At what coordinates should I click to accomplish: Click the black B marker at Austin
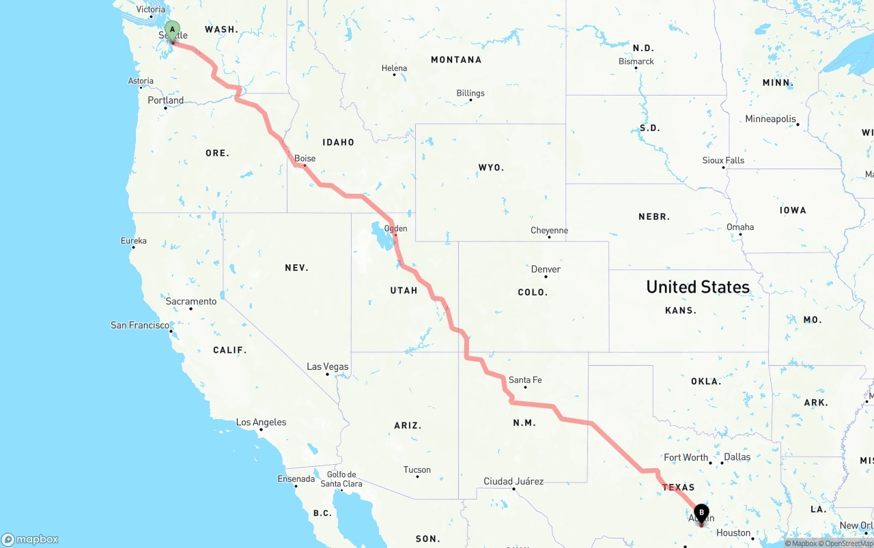point(701,513)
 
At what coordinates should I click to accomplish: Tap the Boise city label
point(305,158)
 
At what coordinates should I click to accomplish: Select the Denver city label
point(546,270)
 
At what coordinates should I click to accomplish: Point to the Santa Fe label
point(525,380)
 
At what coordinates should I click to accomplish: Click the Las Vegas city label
point(328,367)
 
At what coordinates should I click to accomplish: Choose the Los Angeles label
point(261,422)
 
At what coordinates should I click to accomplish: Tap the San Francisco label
point(140,326)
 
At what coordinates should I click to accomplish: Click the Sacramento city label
point(191,301)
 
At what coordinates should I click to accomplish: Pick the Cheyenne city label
point(549,231)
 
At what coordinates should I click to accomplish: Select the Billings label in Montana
point(470,93)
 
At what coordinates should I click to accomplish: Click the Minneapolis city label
point(770,119)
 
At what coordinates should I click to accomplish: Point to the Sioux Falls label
point(723,160)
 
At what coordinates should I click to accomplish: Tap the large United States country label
point(698,287)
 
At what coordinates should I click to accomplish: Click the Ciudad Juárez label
point(513,481)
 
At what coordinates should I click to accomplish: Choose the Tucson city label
point(417,470)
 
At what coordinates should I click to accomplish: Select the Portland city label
point(166,100)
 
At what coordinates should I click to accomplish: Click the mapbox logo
point(30,540)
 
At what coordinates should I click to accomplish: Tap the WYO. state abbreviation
point(491,167)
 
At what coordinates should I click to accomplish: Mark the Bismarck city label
point(636,61)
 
